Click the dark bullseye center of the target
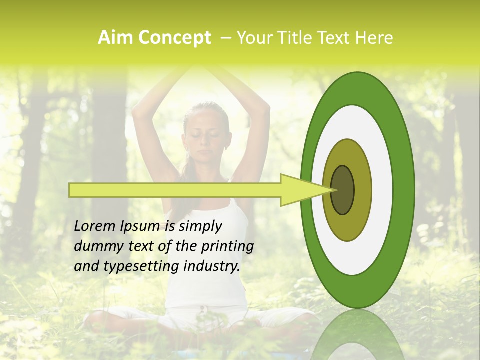343,190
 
